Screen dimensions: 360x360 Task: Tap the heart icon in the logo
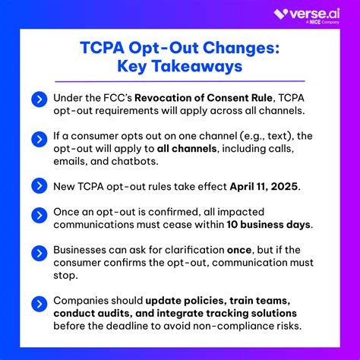(280, 14)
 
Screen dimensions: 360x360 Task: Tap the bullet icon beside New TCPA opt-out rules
(39, 185)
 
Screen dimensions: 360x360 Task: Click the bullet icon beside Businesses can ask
(39, 250)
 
